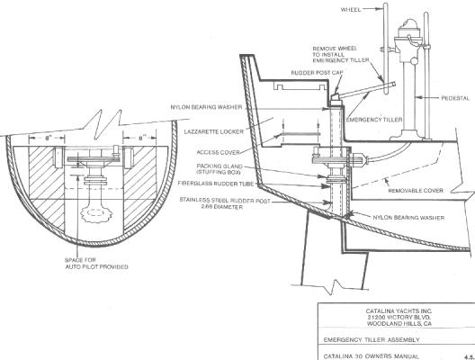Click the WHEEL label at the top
point(351,10)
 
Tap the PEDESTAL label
point(455,98)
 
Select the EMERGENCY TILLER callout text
point(374,120)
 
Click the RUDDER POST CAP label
point(318,73)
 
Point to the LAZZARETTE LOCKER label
point(214,131)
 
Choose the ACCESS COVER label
point(218,152)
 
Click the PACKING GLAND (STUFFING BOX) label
point(220,169)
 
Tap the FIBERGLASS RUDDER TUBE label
point(216,184)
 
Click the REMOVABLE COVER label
point(416,191)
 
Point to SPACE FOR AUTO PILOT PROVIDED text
point(96,264)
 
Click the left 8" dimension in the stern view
point(48,139)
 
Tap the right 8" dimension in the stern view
point(141,139)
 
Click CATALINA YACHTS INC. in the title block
point(399,310)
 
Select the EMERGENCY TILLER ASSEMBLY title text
point(372,339)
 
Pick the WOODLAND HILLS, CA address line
point(399,324)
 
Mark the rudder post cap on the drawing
point(335,99)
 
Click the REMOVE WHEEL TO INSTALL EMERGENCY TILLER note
point(341,55)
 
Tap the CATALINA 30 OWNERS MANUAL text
point(372,356)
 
